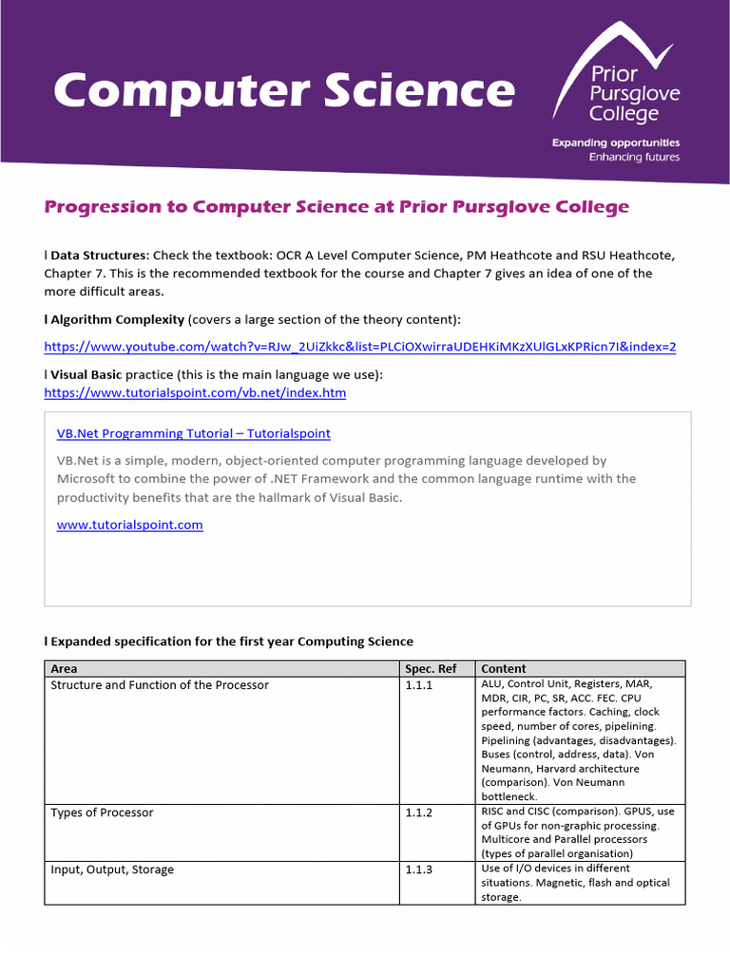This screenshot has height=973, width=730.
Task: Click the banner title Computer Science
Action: [x=284, y=91]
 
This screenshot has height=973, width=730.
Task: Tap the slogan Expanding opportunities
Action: [x=616, y=143]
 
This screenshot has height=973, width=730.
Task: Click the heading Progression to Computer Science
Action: [x=336, y=206]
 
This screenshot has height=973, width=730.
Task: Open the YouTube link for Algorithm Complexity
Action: [x=360, y=347]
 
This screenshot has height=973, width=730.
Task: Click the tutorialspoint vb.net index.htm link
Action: [x=195, y=392]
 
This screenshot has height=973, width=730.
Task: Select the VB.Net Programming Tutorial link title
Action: [x=194, y=433]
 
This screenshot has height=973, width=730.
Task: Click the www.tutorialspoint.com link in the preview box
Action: [x=130, y=525]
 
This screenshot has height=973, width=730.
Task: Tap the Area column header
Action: [x=64, y=669]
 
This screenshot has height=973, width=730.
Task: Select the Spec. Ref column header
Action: [x=431, y=669]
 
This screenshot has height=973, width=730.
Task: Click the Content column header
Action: [x=504, y=669]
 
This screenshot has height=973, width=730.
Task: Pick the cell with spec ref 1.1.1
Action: [x=418, y=685]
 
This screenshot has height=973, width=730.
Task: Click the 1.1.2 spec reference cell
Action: [x=418, y=812]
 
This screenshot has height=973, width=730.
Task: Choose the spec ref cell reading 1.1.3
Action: [x=418, y=869]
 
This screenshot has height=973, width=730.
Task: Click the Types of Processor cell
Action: [x=102, y=812]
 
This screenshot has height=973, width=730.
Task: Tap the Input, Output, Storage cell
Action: [x=112, y=869]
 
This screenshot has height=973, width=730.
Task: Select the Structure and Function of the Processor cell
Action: [x=160, y=685]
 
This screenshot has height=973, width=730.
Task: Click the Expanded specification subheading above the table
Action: [x=232, y=641]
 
